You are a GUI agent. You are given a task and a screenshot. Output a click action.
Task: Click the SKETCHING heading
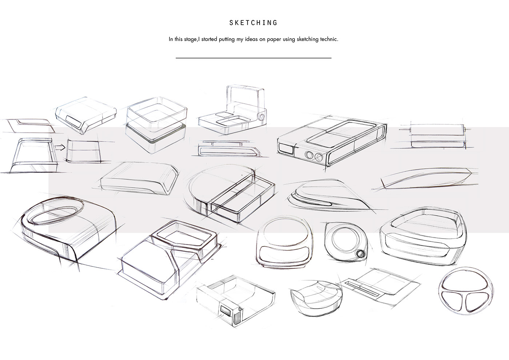253,23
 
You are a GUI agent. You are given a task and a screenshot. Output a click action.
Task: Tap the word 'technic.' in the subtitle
328,39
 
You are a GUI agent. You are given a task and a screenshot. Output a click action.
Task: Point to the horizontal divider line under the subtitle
253,58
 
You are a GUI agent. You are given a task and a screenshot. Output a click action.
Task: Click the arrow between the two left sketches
60,147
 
